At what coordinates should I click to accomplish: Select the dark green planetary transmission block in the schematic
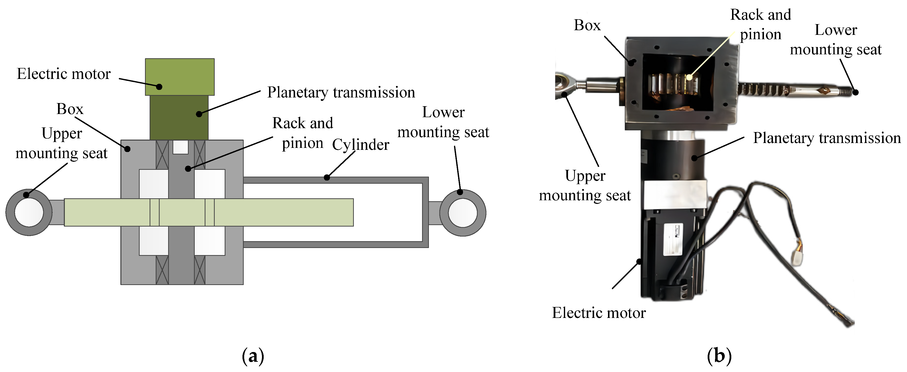[179, 118]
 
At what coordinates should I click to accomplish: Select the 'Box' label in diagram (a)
[70, 109]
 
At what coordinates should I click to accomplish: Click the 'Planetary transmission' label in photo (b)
[826, 138]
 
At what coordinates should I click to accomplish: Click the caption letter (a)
[253, 356]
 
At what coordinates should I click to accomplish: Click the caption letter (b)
[719, 356]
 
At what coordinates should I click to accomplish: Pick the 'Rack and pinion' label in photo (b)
[761, 25]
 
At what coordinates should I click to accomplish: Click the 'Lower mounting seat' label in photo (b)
[836, 40]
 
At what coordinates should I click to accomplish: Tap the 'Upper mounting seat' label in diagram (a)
[62, 143]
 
